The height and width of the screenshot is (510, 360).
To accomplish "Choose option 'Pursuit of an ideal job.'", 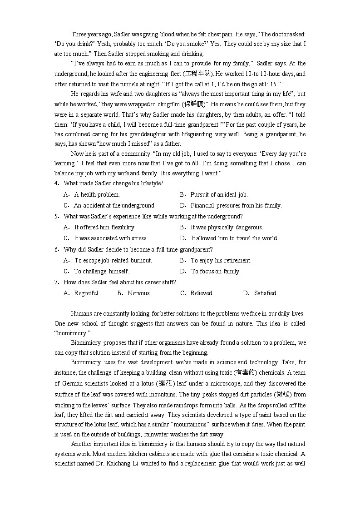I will coord(219,194).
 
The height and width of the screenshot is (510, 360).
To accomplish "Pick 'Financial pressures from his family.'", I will coord(236,205).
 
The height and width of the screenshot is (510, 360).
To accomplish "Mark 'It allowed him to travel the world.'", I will coord(234,238).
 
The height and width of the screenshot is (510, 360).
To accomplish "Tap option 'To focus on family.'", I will coord(216,271).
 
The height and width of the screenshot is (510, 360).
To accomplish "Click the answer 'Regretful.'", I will coord(86,293).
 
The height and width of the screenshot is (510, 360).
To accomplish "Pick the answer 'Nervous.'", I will coord(139,293).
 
